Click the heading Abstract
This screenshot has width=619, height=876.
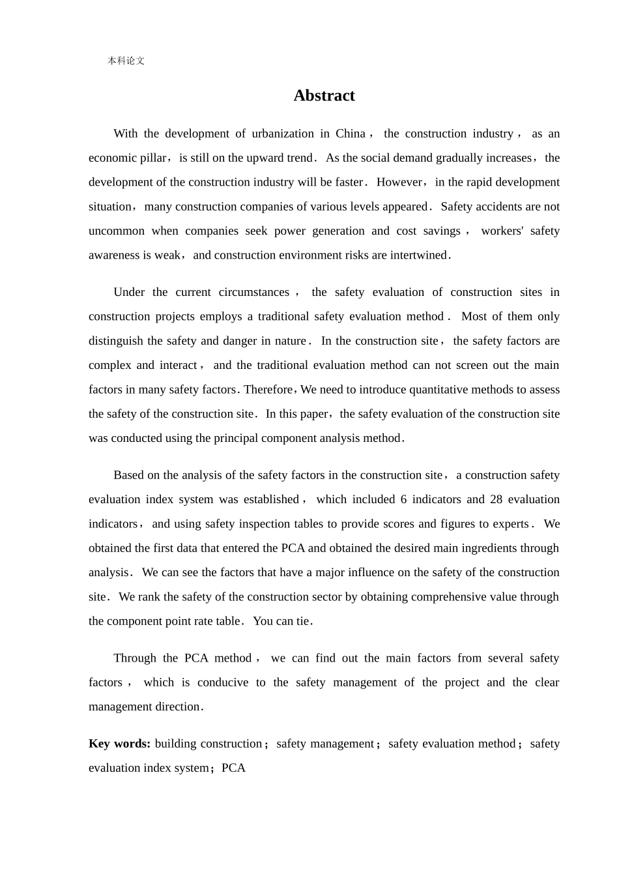click(324, 96)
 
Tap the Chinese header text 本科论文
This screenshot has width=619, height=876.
click(126, 61)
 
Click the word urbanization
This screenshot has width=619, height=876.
click(283, 134)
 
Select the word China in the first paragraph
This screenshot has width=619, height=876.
click(350, 134)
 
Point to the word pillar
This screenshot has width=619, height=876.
click(153, 158)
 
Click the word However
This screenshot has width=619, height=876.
click(399, 182)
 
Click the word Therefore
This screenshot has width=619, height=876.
click(268, 390)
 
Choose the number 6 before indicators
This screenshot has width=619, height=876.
click(404, 500)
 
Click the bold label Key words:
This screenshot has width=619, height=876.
click(119, 744)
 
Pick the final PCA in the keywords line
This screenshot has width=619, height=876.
click(233, 768)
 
